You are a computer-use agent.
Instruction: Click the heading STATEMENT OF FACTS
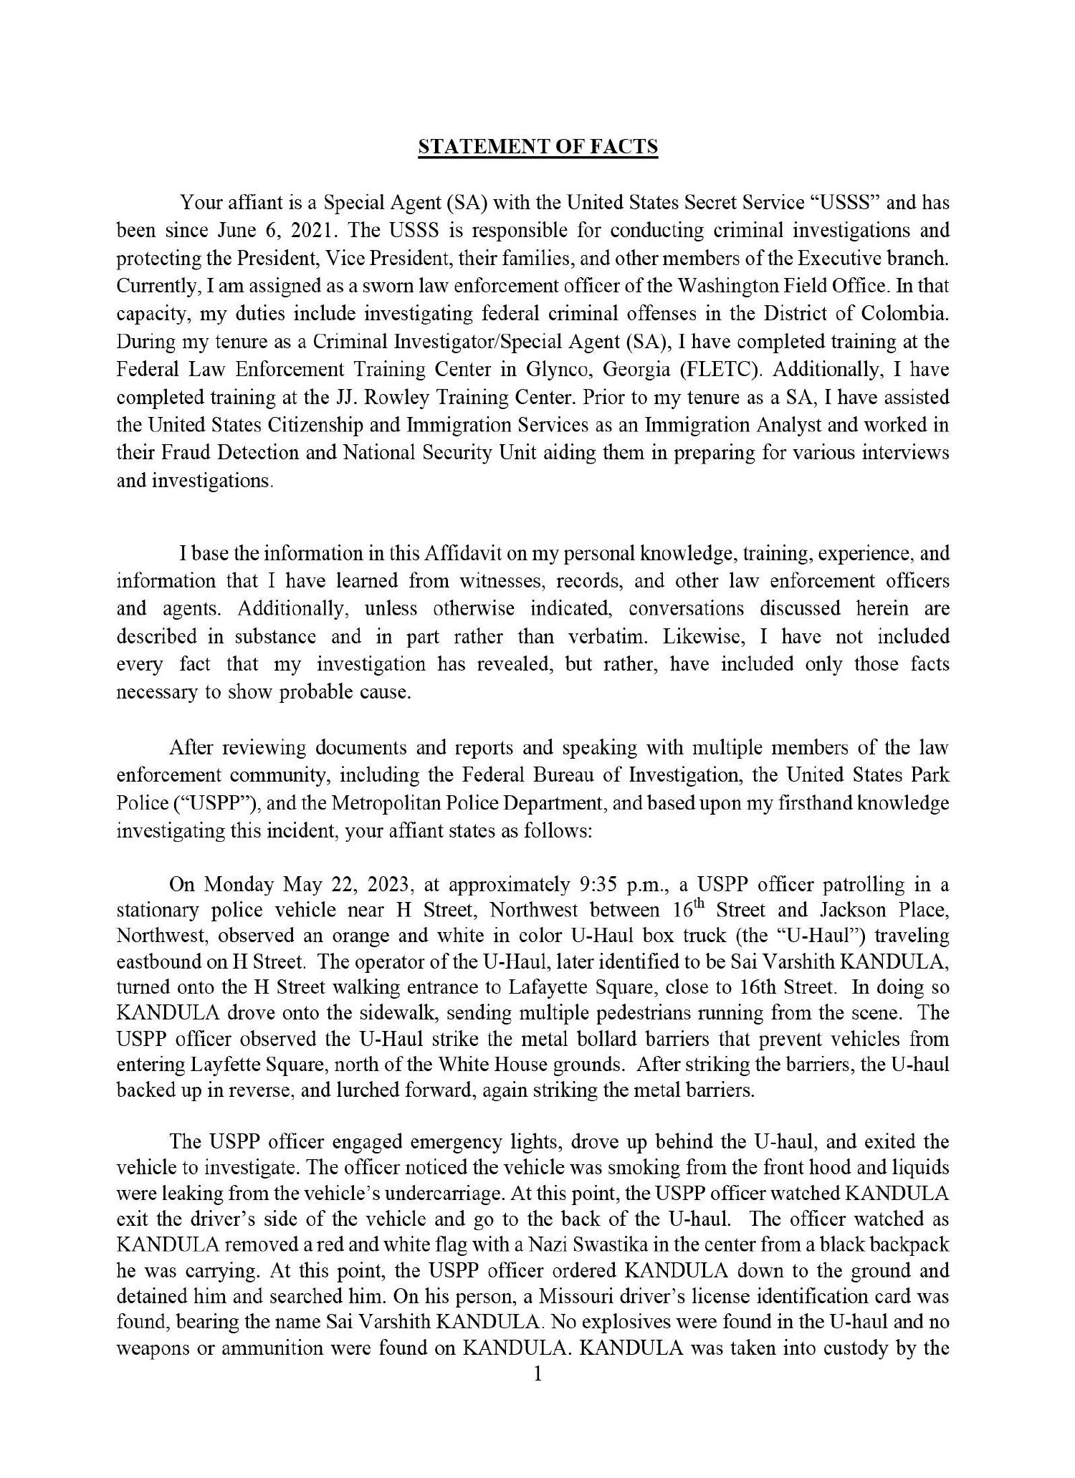(x=537, y=147)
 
